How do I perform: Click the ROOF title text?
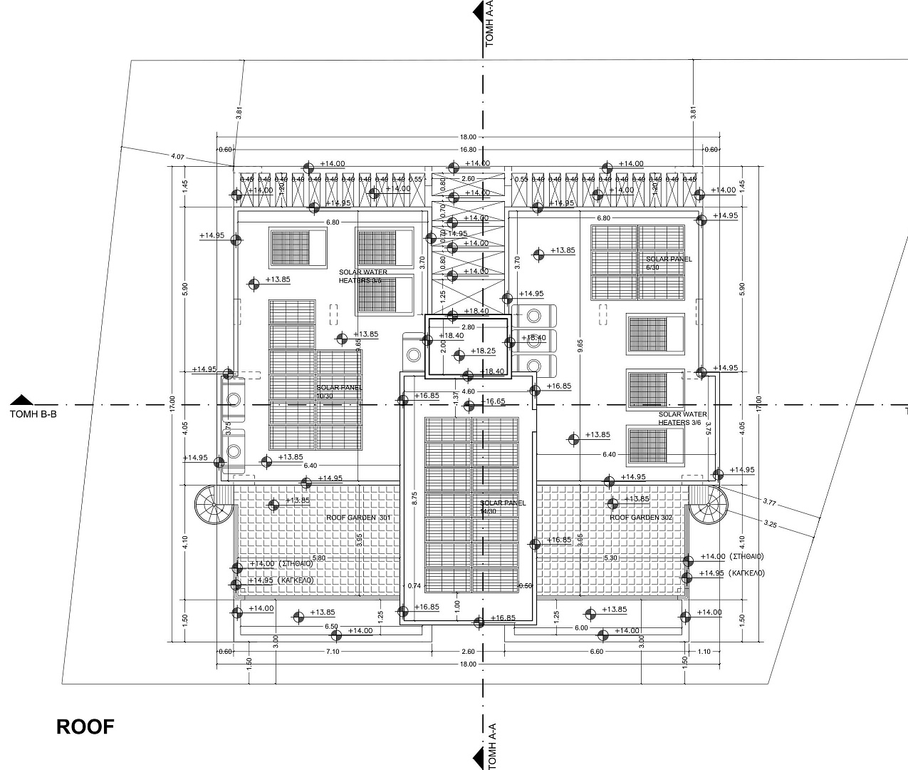(85, 727)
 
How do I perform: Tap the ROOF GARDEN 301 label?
(359, 518)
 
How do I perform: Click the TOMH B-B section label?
(33, 413)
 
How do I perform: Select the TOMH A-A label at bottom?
(489, 744)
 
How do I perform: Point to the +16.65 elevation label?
(493, 402)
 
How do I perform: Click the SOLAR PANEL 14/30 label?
(503, 507)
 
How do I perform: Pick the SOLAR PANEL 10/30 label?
(340, 391)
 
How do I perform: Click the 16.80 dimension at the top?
(468, 150)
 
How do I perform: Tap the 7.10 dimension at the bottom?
(333, 652)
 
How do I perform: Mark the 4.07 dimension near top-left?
(178, 156)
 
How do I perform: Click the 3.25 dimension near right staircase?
(769, 524)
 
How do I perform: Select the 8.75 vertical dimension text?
(414, 498)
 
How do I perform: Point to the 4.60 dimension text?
(468, 391)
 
